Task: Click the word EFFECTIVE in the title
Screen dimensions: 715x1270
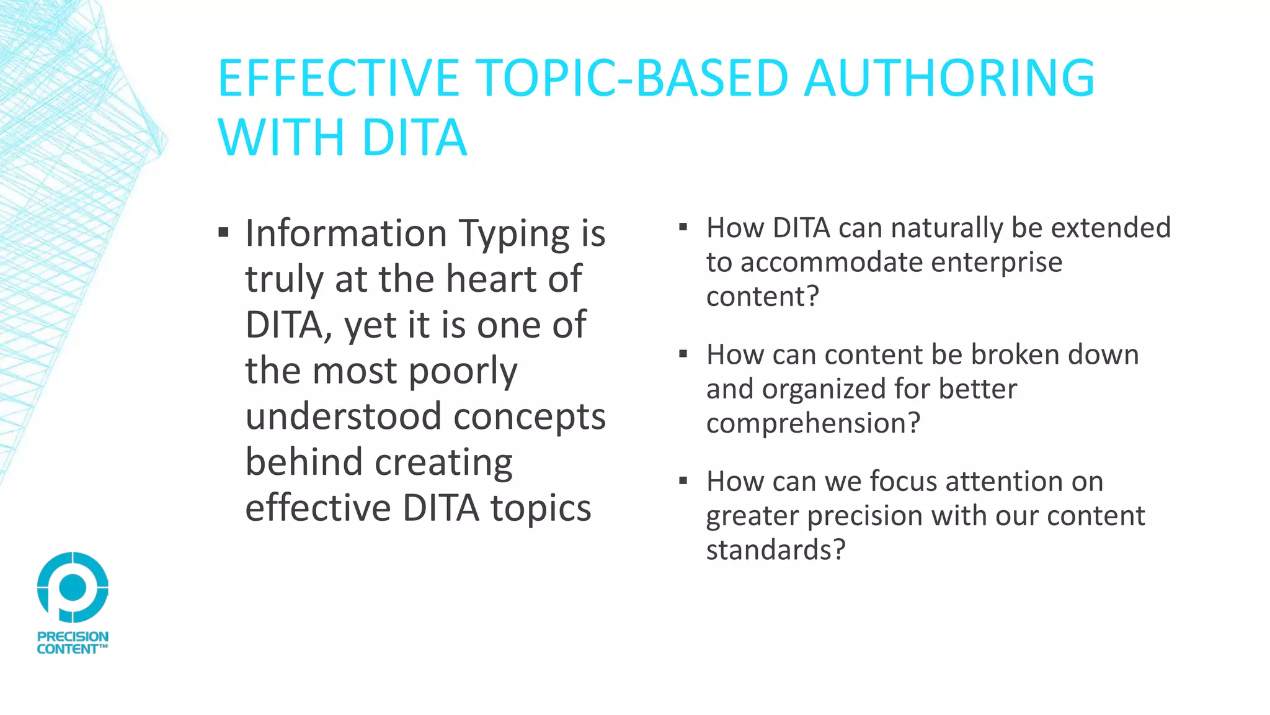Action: (x=338, y=78)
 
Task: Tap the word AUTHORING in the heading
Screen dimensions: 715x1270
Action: (x=949, y=78)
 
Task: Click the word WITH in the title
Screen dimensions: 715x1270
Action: (x=281, y=137)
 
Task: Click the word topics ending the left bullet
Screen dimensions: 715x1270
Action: (x=541, y=508)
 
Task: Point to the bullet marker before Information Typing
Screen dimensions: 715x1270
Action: (x=224, y=233)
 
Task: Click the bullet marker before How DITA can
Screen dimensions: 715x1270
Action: (x=683, y=227)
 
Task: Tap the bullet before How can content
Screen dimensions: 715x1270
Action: (x=683, y=354)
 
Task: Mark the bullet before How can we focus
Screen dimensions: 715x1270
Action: (x=683, y=481)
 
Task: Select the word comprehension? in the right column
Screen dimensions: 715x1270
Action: (x=813, y=423)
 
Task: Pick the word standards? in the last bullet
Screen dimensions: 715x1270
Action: (x=776, y=550)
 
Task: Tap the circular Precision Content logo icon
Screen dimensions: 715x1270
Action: (x=73, y=587)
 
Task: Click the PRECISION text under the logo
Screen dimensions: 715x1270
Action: (x=73, y=636)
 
